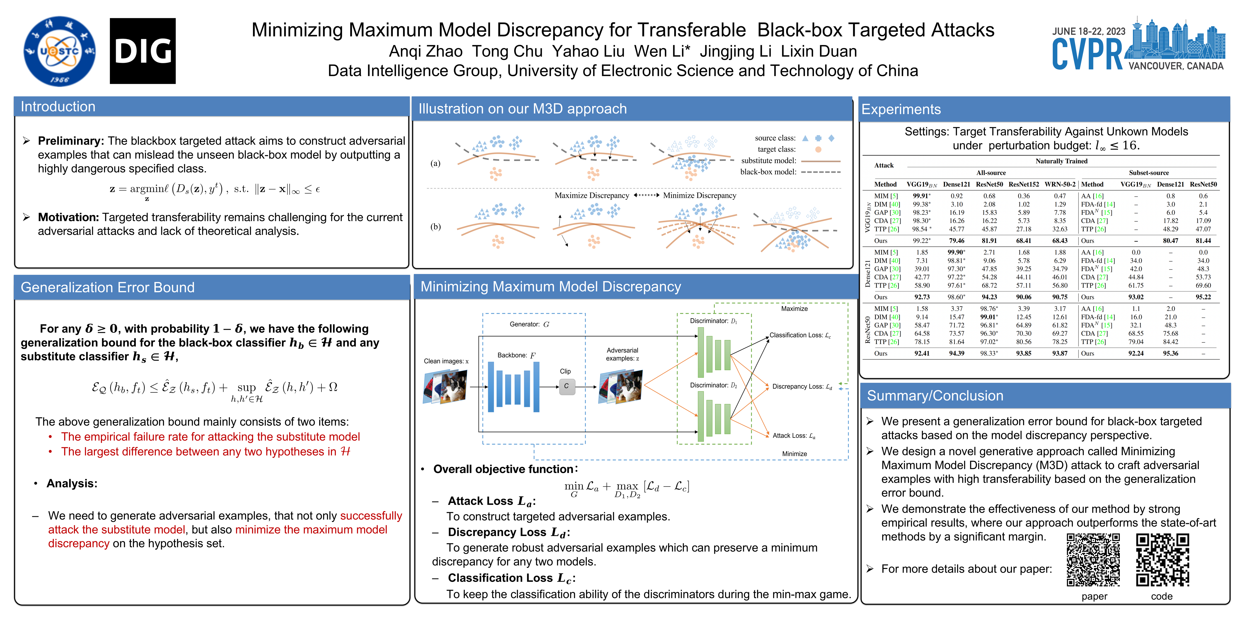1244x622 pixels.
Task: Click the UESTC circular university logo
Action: [60, 51]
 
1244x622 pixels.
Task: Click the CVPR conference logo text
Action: [1088, 54]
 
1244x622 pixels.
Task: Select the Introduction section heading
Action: [58, 107]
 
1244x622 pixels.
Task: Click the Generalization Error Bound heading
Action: [107, 287]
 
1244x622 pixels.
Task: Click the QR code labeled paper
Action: [1093, 559]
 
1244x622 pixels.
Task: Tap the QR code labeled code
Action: [1162, 559]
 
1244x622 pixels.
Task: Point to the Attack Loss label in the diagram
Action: [794, 436]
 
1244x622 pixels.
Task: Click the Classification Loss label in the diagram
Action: [800, 335]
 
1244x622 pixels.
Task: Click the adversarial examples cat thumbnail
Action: [621, 386]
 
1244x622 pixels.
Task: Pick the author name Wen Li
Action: [662, 51]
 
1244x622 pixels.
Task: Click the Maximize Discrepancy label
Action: [592, 196]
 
